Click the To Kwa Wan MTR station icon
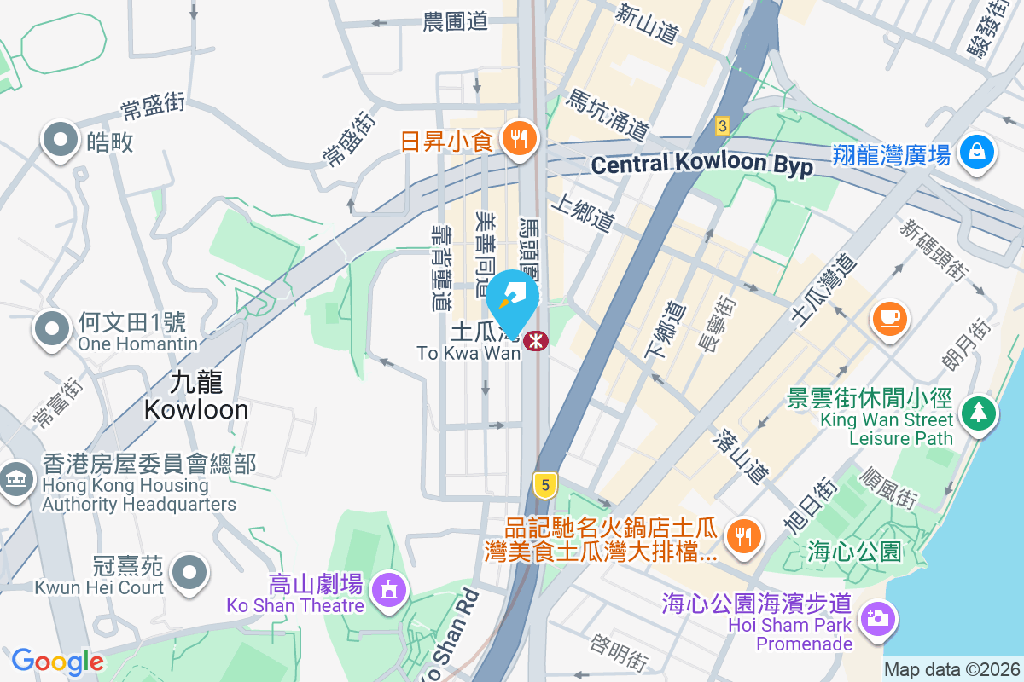(x=535, y=340)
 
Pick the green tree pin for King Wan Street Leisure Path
(x=978, y=413)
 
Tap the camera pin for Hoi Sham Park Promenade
(x=876, y=617)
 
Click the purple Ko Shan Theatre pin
(x=389, y=589)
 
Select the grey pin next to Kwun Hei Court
(x=189, y=570)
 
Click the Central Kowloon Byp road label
(x=701, y=165)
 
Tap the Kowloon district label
(x=196, y=396)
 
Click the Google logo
(x=57, y=661)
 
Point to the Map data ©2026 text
(x=952, y=669)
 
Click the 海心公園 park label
(x=853, y=552)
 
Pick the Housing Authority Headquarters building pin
(x=15, y=480)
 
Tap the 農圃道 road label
(x=455, y=22)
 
